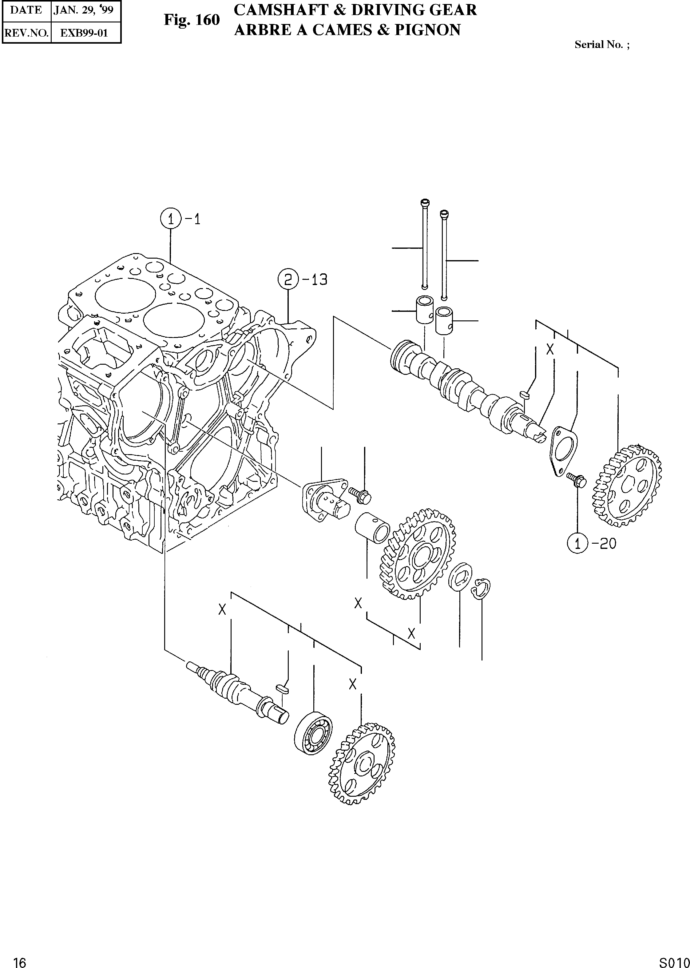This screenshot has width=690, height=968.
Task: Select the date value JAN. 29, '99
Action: [x=84, y=10]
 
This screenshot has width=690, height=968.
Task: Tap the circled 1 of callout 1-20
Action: [x=577, y=543]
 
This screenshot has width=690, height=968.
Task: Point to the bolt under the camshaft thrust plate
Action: [x=577, y=481]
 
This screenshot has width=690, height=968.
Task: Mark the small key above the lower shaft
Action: [x=282, y=688]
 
